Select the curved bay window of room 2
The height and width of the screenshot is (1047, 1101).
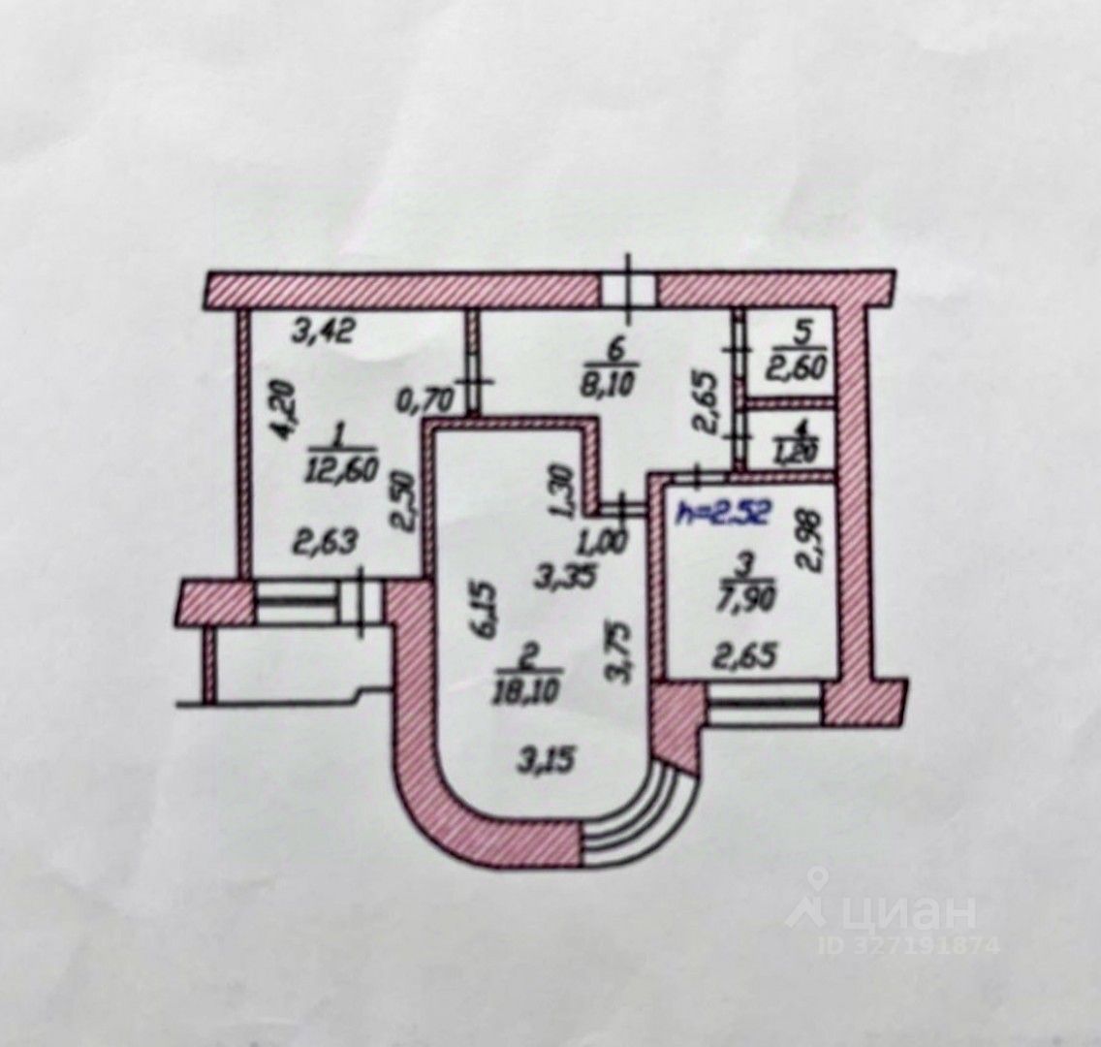[x=641, y=814]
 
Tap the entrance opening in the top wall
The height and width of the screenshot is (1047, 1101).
[x=628, y=288]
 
